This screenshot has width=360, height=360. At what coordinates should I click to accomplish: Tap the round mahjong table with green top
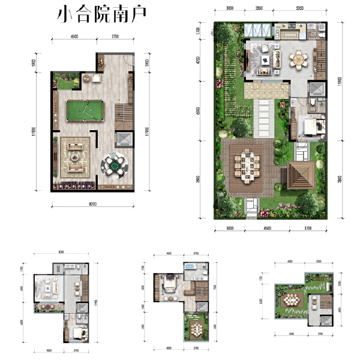pos(113,162)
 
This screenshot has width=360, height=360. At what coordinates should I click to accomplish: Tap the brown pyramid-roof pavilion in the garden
pos(302,175)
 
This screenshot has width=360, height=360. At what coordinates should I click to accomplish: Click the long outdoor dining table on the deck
pos(248,166)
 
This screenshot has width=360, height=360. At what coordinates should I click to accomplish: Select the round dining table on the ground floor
pos(298,59)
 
